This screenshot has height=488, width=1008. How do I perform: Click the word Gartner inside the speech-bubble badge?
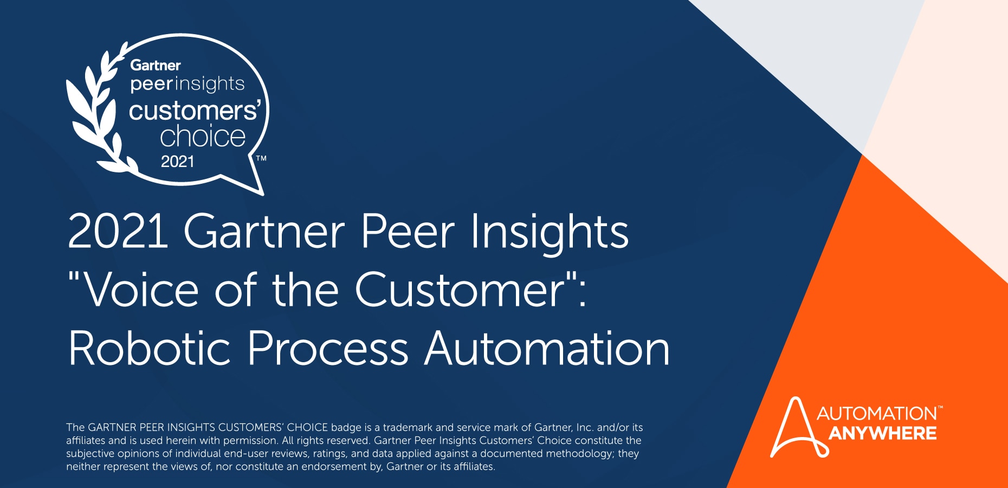[155, 66]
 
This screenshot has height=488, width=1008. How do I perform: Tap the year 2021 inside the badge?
[177, 162]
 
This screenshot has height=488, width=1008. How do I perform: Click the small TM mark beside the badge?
[261, 158]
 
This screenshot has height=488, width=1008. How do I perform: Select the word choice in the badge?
[203, 136]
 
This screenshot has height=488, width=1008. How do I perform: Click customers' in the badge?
[195, 111]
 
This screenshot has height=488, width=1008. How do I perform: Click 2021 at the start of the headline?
[118, 232]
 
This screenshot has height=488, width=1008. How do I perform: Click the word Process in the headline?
[327, 349]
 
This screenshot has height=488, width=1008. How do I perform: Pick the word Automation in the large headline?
[547, 349]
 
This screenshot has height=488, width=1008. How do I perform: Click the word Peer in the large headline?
[408, 232]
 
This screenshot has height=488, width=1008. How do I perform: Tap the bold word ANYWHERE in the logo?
[882, 434]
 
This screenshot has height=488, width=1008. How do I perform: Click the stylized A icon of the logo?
[796, 428]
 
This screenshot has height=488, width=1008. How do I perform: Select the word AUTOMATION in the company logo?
[876, 414]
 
